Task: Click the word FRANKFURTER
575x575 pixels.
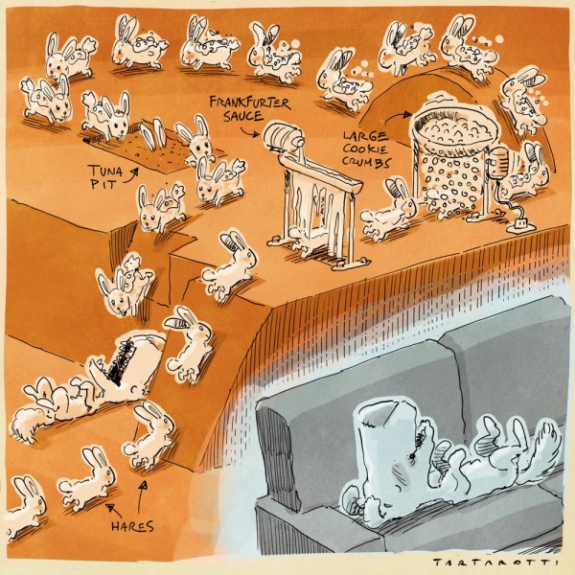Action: [x=250, y=103]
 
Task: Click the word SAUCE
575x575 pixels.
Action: [x=243, y=117]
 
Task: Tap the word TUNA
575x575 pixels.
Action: [x=102, y=170]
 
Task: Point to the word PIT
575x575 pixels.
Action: [x=103, y=183]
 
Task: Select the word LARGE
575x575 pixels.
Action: [x=366, y=136]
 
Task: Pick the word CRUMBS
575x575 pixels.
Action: [x=366, y=162]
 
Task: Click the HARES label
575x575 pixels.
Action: [x=132, y=526]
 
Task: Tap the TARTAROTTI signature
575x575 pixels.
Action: [x=495, y=563]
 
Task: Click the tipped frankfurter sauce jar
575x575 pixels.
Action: [x=283, y=137]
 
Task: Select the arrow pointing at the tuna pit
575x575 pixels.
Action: [x=130, y=175]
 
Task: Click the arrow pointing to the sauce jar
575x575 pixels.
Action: [x=250, y=132]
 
